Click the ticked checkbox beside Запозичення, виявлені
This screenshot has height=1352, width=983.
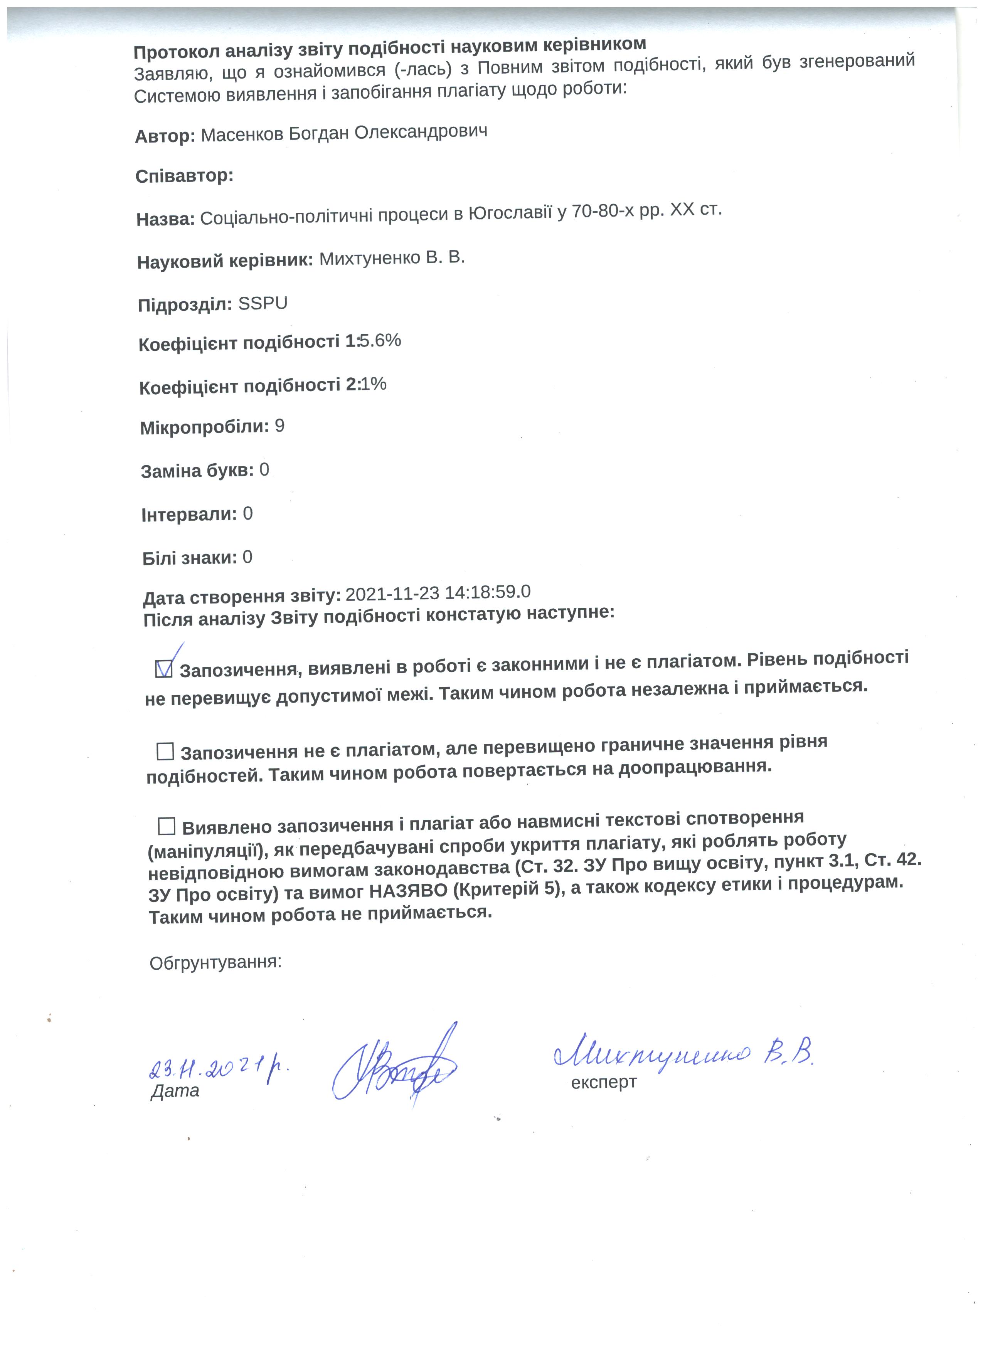click(163, 669)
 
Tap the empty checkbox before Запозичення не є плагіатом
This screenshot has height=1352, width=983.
click(165, 751)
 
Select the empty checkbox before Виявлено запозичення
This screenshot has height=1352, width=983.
click(166, 826)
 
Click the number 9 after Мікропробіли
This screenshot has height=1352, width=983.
click(279, 426)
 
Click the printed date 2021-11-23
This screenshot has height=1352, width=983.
click(392, 594)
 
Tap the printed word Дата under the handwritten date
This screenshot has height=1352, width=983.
click(175, 1091)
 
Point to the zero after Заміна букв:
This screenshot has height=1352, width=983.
click(264, 470)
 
